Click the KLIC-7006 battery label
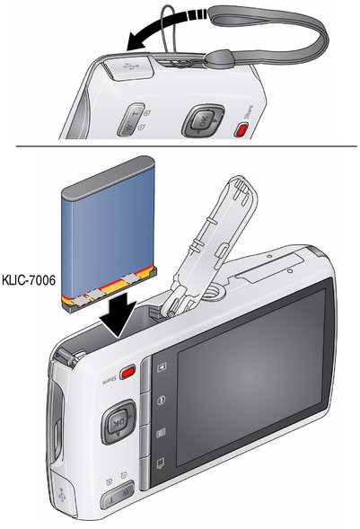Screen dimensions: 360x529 point(29,279)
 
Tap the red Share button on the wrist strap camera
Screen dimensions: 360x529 point(241,130)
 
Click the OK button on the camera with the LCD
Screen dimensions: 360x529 point(119,422)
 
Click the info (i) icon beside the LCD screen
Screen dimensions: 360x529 point(162,401)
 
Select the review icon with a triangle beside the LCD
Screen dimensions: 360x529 point(162,366)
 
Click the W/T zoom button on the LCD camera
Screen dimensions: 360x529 point(118,495)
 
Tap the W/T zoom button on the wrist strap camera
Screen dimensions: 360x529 point(130,119)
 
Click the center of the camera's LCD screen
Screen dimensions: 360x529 point(250,375)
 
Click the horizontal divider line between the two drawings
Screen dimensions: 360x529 point(187,146)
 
